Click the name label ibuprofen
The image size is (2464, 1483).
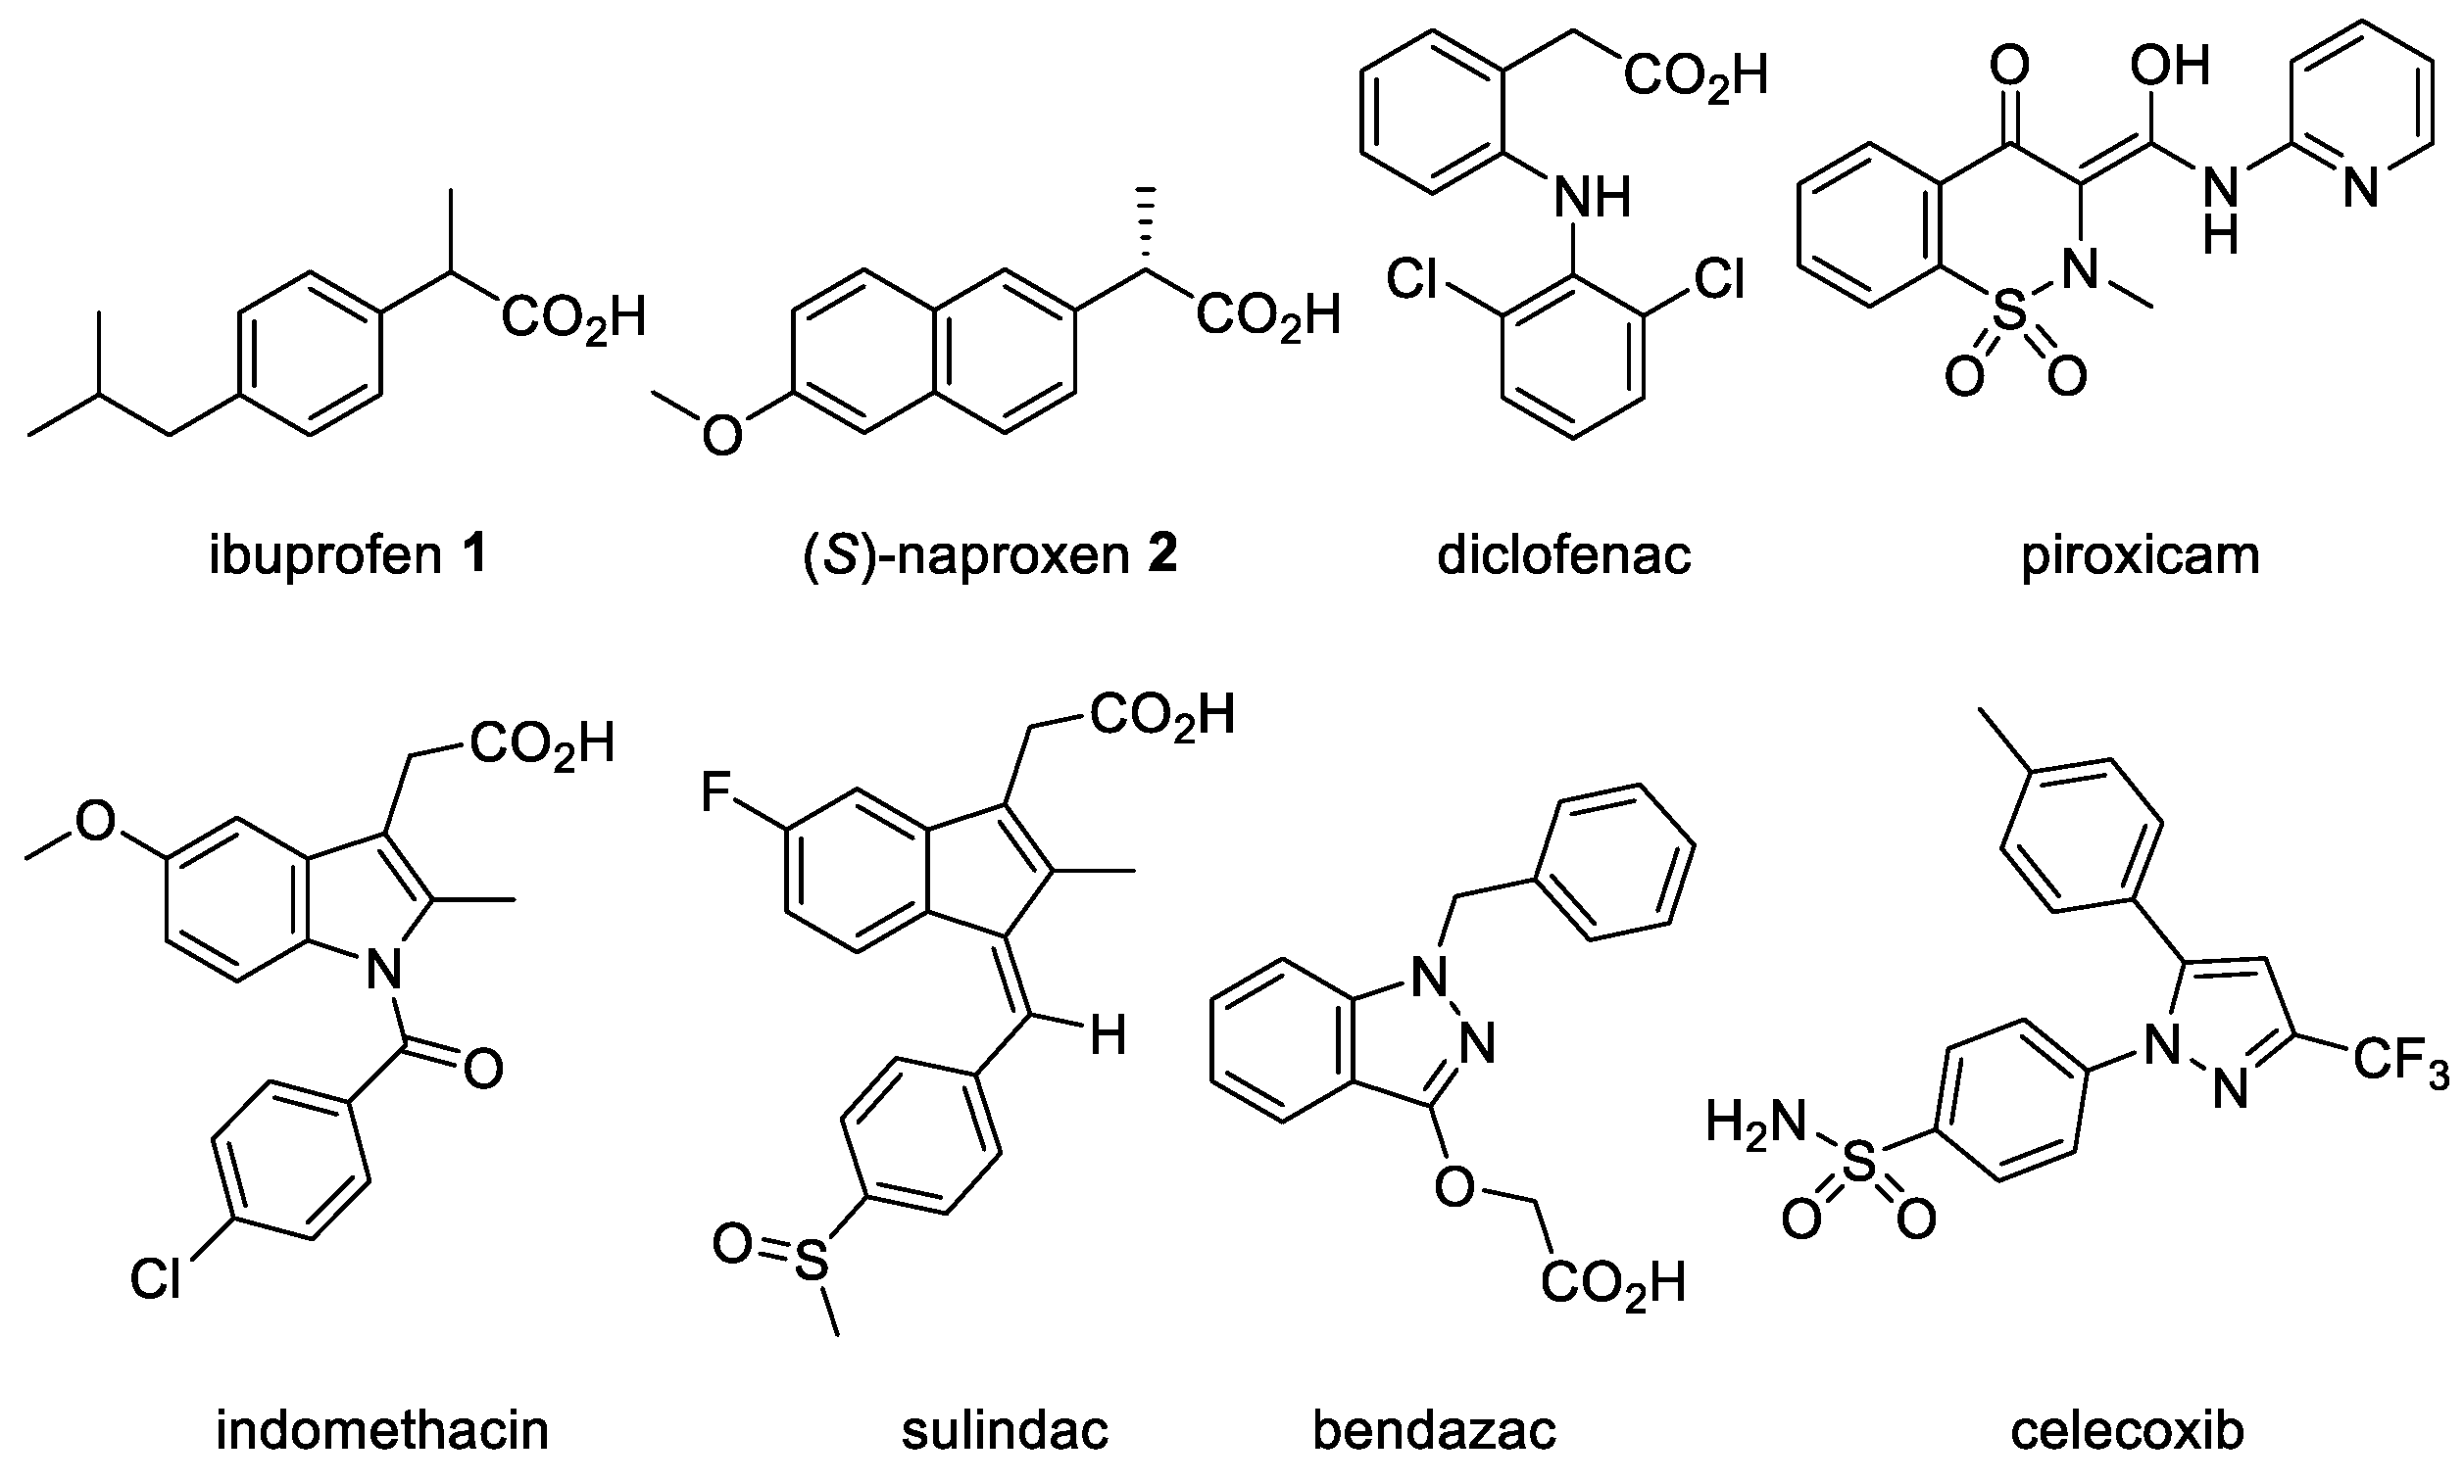click(x=323, y=555)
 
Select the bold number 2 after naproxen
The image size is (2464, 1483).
click(x=1161, y=555)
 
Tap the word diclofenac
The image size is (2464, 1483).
click(x=1563, y=555)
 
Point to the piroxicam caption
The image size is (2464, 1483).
click(x=2141, y=555)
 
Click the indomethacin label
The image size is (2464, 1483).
click(x=382, y=1430)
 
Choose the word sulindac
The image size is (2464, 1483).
click(x=1005, y=1430)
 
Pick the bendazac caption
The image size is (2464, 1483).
click(x=1435, y=1430)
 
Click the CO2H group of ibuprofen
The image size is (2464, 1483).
click(x=571, y=317)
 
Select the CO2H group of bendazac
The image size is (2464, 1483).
click(x=1612, y=1284)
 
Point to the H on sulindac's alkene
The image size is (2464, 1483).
click(x=1108, y=1037)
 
